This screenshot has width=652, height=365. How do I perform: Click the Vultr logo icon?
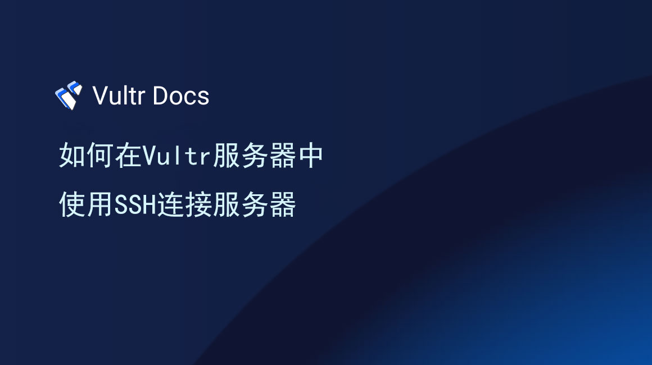(x=69, y=95)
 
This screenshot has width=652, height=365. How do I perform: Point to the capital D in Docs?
(x=160, y=96)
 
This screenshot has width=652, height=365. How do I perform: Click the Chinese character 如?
(x=73, y=156)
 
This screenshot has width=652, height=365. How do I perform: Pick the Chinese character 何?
(x=100, y=156)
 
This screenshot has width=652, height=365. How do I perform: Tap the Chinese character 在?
(x=128, y=156)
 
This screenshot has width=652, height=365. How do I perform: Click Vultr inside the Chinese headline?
(x=176, y=156)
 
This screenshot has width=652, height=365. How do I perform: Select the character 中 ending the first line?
(x=310, y=156)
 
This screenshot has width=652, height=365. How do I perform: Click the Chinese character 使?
(x=73, y=204)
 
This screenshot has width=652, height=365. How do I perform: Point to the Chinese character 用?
(x=100, y=204)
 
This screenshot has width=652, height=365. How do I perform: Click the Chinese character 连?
(x=170, y=204)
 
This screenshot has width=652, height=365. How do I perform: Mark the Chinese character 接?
(x=198, y=204)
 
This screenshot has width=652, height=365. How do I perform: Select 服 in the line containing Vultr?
(x=226, y=156)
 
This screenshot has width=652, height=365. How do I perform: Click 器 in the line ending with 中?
(x=282, y=156)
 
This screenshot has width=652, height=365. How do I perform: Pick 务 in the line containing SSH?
(x=253, y=204)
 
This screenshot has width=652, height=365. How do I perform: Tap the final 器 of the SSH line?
(x=282, y=204)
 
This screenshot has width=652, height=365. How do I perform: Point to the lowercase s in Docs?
(x=203, y=98)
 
